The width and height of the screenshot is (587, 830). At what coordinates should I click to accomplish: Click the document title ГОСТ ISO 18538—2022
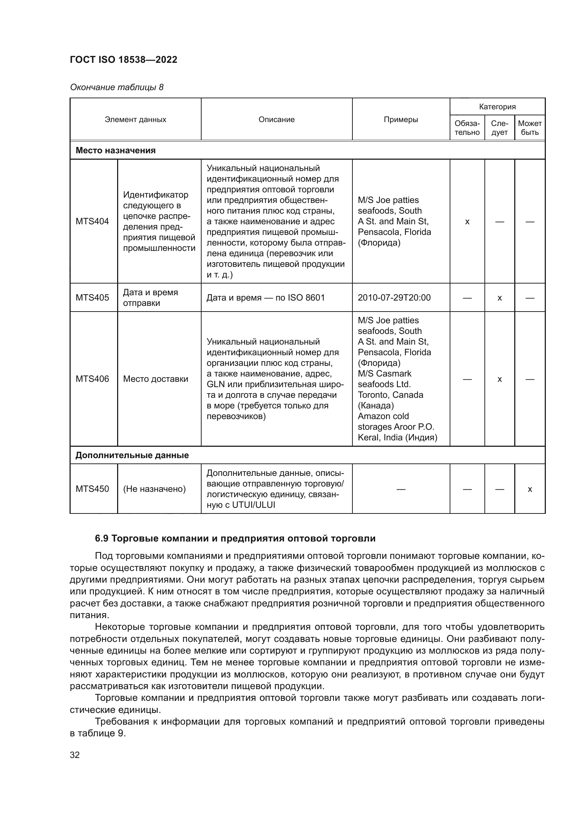pos(123,60)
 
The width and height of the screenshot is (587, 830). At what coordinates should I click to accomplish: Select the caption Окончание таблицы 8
pos(116,87)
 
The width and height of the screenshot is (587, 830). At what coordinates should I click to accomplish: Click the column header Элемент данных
pos(135,120)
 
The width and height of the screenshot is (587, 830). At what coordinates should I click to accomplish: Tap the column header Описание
pos(276,120)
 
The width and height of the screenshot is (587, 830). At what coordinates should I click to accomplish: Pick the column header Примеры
pos(401,120)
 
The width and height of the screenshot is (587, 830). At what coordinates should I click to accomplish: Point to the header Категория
pos(497,107)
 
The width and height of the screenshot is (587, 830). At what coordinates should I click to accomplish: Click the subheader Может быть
pos(530,128)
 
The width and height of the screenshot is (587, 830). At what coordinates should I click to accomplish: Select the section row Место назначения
pos(115,150)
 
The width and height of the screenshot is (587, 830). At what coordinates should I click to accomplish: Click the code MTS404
pos(92,221)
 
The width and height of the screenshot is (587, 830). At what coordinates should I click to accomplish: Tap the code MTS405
pos(92,297)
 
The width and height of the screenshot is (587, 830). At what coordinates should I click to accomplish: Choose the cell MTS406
pos(92,379)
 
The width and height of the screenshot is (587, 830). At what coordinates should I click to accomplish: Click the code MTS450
pos(92,489)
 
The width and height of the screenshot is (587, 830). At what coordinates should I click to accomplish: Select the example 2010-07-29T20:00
pos(394,297)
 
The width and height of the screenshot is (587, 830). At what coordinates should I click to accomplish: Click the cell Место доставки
pos(155,379)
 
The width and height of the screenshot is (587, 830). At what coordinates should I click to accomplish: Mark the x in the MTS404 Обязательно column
pos(467,222)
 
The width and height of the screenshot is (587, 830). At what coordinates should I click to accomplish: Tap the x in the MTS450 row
pos(530,489)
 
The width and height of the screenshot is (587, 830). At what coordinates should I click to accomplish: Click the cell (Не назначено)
pos(154,489)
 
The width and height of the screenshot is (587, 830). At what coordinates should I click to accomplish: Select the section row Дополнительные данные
pos(132,455)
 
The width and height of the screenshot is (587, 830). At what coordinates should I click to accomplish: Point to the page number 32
pos(75,755)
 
